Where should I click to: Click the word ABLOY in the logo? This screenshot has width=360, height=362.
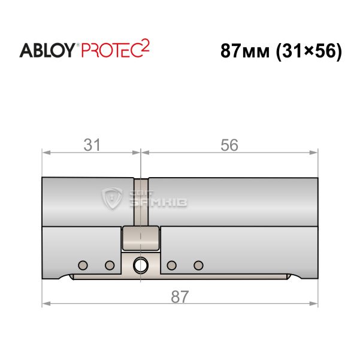pos(47,50)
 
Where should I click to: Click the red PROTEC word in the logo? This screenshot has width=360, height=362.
pos(111,50)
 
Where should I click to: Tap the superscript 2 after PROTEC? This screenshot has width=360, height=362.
pos(145,47)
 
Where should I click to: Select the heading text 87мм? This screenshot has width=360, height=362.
pos(245,51)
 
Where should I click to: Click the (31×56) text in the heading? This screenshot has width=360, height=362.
pos(309,51)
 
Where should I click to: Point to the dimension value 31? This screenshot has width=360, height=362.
pos(92,145)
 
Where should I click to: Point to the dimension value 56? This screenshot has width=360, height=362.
pos(229,145)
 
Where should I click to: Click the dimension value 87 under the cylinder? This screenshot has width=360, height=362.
pos(180,297)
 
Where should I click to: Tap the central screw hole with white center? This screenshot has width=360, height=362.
pos(140,266)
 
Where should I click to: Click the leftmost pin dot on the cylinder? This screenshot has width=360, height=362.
pos(83,266)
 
